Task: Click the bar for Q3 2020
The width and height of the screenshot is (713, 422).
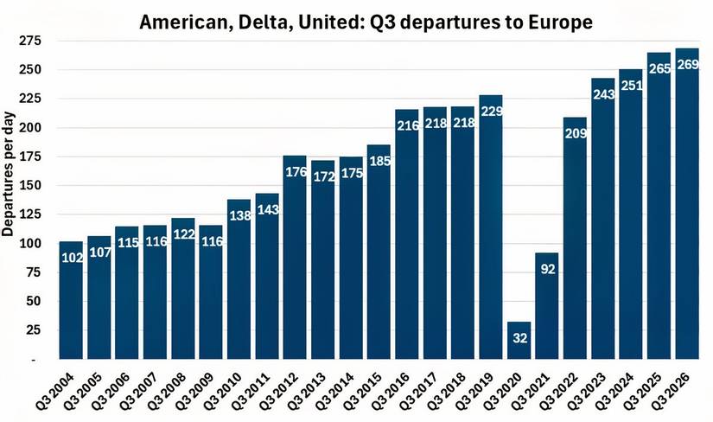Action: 519,341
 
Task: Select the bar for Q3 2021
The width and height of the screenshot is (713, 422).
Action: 547,306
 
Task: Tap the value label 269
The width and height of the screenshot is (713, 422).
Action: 687,65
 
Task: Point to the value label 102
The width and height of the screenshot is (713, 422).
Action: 72,258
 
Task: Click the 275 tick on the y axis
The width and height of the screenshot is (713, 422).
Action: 31,41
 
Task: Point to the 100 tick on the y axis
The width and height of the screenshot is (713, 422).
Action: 31,244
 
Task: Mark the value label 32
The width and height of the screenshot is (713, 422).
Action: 519,338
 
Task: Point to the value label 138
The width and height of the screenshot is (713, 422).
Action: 239,216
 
